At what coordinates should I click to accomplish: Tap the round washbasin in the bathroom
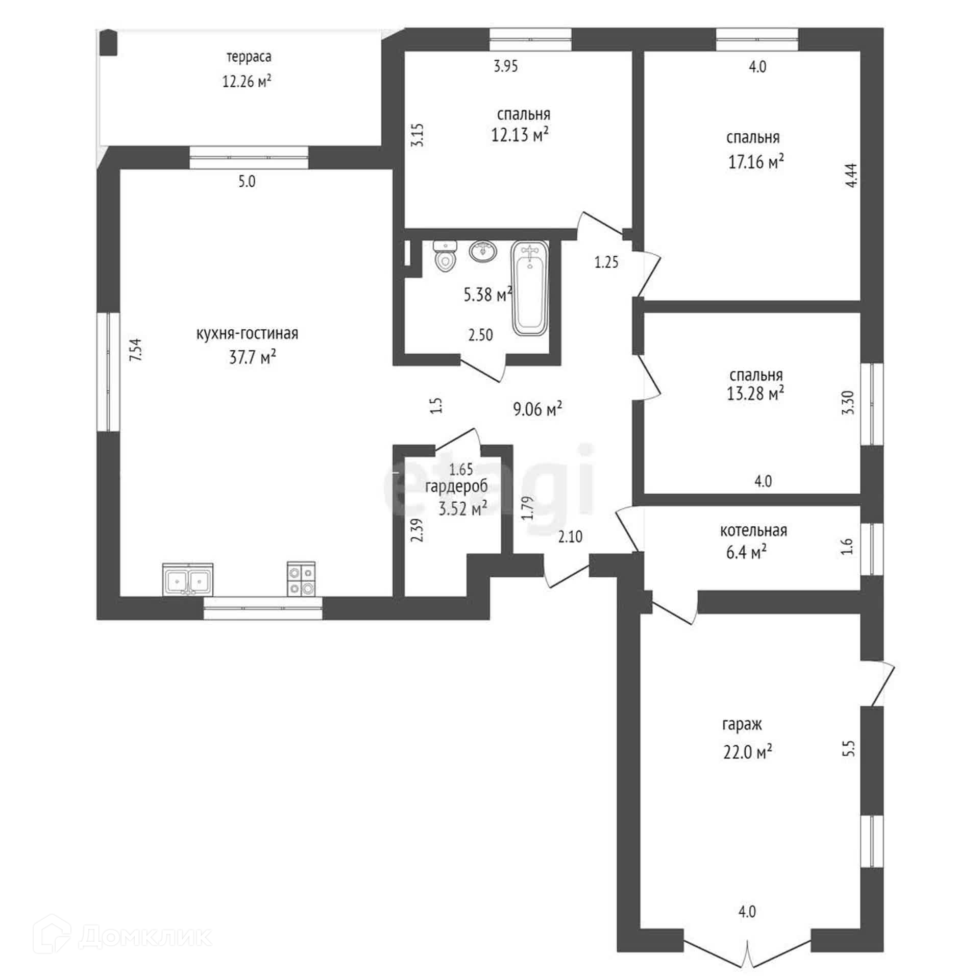pyautogui.click(x=483, y=251)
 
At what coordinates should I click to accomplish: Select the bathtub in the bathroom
pyautogui.click(x=530, y=289)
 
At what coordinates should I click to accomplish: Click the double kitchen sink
pyautogui.click(x=188, y=579)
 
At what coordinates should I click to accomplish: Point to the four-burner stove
pyautogui.click(x=301, y=579)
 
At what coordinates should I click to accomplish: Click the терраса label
pyautogui.click(x=249, y=57)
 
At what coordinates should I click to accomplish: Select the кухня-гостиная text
pyautogui.click(x=247, y=334)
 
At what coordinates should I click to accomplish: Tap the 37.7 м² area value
pyautogui.click(x=252, y=357)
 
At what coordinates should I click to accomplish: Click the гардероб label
pyautogui.click(x=456, y=486)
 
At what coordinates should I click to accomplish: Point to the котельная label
pyautogui.click(x=753, y=531)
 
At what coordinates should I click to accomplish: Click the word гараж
pyautogui.click(x=742, y=724)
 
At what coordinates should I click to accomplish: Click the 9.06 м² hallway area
pyautogui.click(x=537, y=408)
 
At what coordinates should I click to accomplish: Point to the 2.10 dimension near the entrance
pyautogui.click(x=570, y=536)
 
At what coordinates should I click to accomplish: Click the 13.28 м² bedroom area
pyautogui.click(x=755, y=394)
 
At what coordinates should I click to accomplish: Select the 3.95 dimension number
pyautogui.click(x=506, y=66)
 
